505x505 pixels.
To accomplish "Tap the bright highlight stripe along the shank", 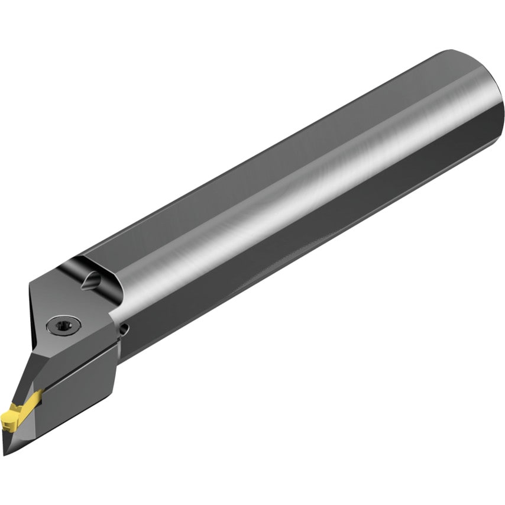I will tap(296, 195).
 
